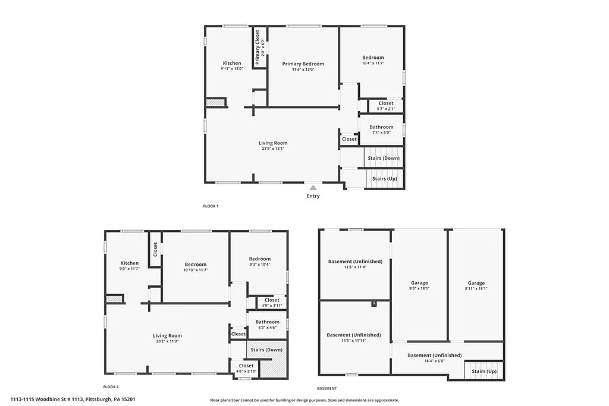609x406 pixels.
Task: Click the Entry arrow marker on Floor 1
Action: pos(313,187)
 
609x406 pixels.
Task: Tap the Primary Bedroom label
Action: pos(303,64)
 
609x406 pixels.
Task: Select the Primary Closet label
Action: pos(258,47)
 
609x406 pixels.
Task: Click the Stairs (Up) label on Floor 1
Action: pos(384,178)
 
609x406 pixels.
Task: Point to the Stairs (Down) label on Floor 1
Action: pos(383,158)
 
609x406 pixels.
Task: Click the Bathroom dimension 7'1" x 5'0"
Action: pos(381,133)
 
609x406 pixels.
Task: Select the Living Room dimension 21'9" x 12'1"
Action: pos(273,149)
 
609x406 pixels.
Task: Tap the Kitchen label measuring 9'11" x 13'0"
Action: pos(232,63)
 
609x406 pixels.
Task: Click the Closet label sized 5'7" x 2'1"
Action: pos(385,103)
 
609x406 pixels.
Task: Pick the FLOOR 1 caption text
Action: pos(211,206)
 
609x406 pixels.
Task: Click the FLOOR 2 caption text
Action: pos(111,386)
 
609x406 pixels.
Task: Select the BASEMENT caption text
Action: pos(327,388)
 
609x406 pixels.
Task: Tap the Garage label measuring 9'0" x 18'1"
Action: pos(419,283)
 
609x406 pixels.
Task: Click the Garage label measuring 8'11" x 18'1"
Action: pos(476,283)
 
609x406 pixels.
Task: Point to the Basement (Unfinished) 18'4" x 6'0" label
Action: pos(434,355)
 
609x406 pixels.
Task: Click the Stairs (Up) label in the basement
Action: pos(484,371)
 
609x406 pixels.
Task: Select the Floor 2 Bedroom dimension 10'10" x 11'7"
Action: pos(196,270)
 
